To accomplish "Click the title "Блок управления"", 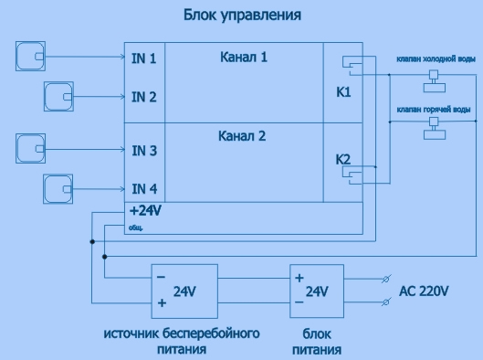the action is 242,16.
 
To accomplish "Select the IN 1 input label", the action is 144,58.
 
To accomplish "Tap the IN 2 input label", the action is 144,97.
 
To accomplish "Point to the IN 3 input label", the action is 144,151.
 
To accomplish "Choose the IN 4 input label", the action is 144,189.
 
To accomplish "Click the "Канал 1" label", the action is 244,58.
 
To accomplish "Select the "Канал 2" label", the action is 242,136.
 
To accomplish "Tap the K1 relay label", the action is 343,92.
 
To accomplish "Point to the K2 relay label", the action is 342,160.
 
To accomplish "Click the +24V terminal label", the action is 145,211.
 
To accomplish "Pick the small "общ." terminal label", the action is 135,228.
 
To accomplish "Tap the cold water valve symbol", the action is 435,81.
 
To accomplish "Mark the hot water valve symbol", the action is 435,129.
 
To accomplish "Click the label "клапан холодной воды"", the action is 436,58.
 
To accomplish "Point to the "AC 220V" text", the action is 424,291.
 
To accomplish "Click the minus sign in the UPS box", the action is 161,277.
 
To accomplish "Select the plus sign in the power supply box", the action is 299,279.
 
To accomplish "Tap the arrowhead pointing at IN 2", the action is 122,97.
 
